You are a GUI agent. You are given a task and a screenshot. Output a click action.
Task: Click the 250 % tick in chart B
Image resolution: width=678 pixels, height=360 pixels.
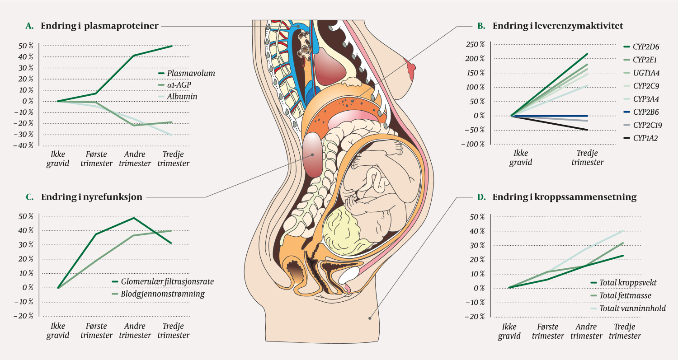tap(476, 44)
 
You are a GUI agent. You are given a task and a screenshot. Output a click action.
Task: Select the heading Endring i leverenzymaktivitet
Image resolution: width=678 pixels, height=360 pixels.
tap(558, 26)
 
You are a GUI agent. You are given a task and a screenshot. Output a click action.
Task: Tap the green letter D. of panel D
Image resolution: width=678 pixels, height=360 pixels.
tap(481, 197)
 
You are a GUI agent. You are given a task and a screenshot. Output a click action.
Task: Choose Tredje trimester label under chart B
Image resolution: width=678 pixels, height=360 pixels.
tap(587, 158)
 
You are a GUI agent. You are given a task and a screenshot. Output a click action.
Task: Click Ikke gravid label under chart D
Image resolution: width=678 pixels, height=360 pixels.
tap(509, 332)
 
